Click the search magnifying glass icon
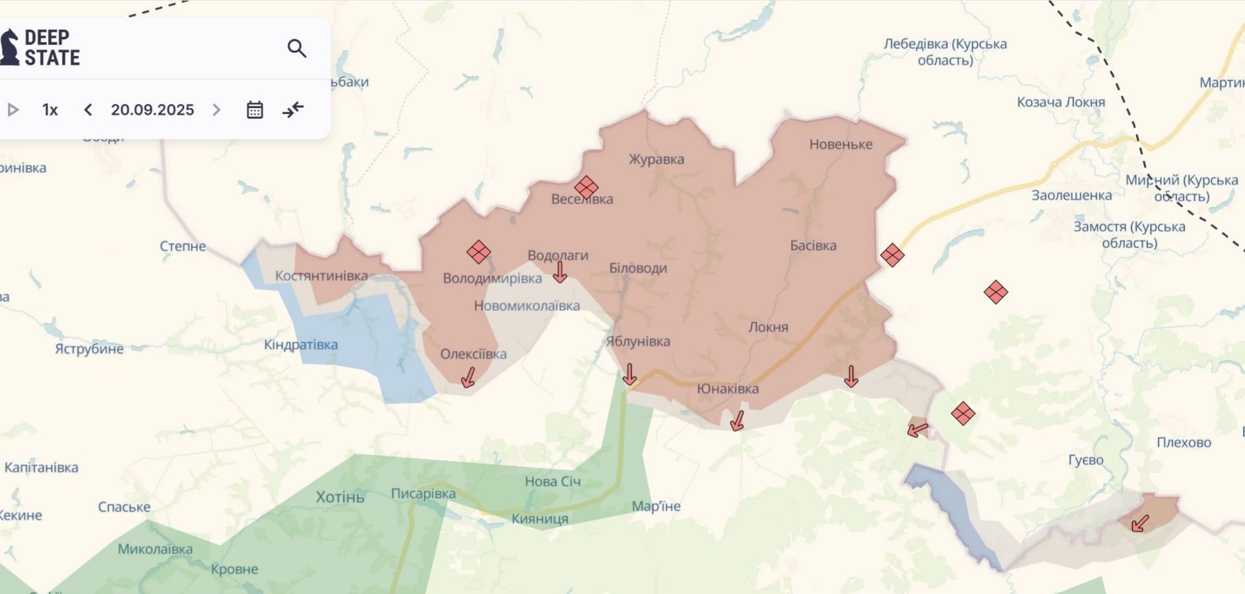pos(297,48)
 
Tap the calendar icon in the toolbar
pos(255,110)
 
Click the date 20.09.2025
pos(152,110)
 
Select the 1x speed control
pos(50,110)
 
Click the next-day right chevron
pos(216,110)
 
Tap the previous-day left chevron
pos(88,110)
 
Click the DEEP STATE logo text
pos(51,48)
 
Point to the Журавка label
pos(656,159)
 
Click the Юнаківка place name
pos(728,389)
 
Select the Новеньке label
pos(841,144)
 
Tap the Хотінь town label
pos(340,496)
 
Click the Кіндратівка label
pos(301,345)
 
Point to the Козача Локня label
pos(1060,102)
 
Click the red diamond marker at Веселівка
pos(586,187)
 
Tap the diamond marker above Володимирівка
pos(478,251)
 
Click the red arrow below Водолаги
pos(559,272)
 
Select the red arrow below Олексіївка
pos(468,378)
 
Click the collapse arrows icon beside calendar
pos(293,110)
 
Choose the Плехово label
pos(1184,442)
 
